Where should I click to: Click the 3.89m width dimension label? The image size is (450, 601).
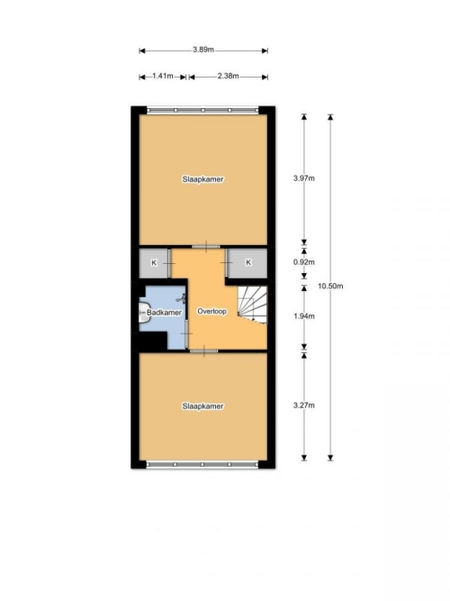(203, 50)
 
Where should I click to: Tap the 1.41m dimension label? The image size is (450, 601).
(163, 76)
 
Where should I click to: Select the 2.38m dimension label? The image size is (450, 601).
(229, 76)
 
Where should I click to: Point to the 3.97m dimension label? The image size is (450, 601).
(304, 178)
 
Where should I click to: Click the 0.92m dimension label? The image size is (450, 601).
(304, 262)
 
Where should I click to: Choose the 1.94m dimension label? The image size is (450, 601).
(304, 316)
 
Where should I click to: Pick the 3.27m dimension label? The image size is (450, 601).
(304, 405)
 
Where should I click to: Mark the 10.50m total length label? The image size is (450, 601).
(330, 286)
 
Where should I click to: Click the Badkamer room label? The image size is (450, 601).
(165, 313)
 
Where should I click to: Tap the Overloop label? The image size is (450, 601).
(211, 311)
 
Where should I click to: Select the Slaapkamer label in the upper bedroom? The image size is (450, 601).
(203, 179)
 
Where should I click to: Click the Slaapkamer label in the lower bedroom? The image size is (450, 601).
(203, 406)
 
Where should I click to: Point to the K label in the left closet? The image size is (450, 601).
(154, 263)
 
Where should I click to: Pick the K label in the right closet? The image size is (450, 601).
(248, 262)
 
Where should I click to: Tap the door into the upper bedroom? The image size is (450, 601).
(206, 246)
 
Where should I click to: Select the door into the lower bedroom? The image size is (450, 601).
(203, 351)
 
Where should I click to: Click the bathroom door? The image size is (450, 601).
(186, 334)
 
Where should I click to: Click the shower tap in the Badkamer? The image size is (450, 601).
(183, 298)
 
